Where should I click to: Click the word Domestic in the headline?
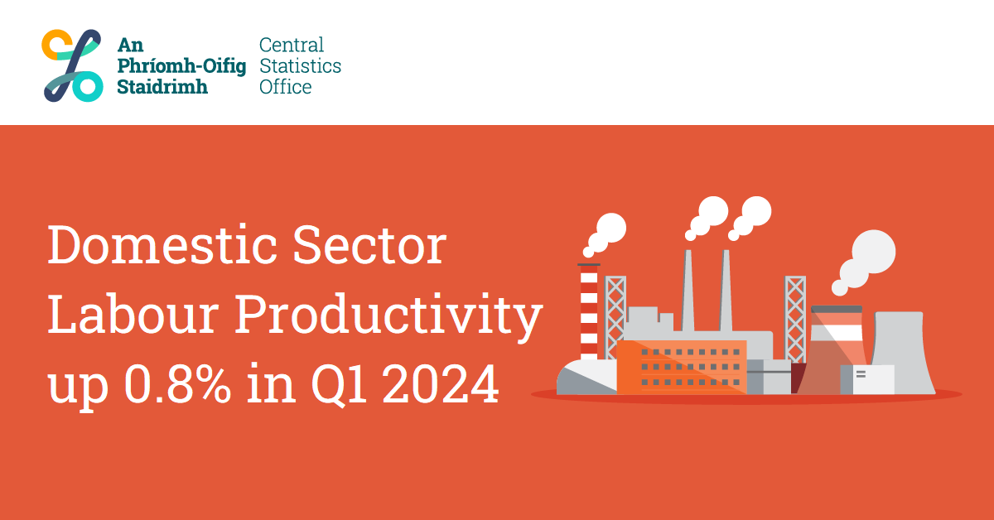pyautogui.click(x=162, y=244)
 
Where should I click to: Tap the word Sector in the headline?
pyautogui.click(x=369, y=244)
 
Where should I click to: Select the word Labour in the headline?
pyautogui.click(x=133, y=314)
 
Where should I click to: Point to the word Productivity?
pyautogui.click(x=388, y=318)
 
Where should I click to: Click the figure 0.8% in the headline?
pyautogui.click(x=177, y=383)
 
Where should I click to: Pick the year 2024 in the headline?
pyautogui.click(x=441, y=383)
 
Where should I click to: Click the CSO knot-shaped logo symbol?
pyautogui.click(x=72, y=65)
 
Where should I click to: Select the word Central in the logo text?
pyautogui.click(x=292, y=45)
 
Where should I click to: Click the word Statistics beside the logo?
pyautogui.click(x=301, y=65)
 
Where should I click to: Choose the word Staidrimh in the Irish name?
pyautogui.click(x=162, y=86)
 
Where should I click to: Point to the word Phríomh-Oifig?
pyautogui.click(x=181, y=66)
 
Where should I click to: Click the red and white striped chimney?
pyautogui.click(x=589, y=311)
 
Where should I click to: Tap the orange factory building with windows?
pyautogui.click(x=682, y=368)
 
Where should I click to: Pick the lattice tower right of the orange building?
pyautogui.click(x=795, y=320)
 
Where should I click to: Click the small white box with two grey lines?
pyautogui.click(x=872, y=379)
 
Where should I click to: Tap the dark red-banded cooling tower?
pyautogui.click(x=832, y=350)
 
